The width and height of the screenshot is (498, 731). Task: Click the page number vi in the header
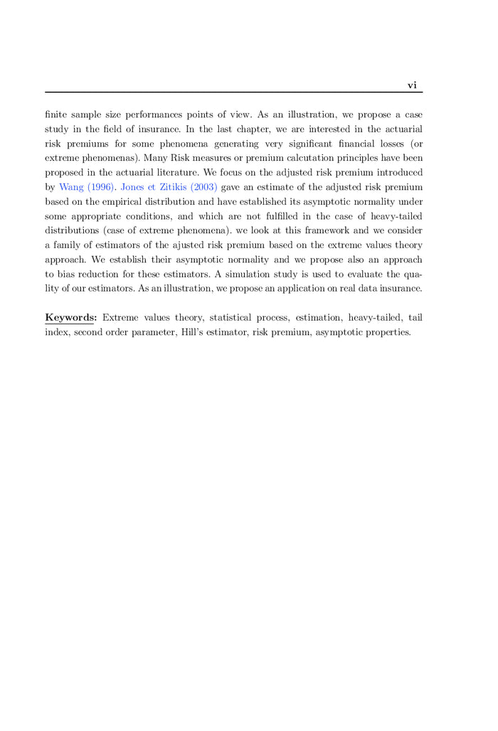412,85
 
